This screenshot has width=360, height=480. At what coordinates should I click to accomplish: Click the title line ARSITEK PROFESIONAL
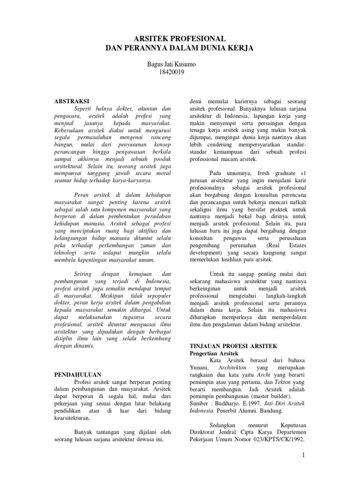[x=180, y=38]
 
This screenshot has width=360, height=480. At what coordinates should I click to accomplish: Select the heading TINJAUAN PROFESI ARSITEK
[x=233, y=345]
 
